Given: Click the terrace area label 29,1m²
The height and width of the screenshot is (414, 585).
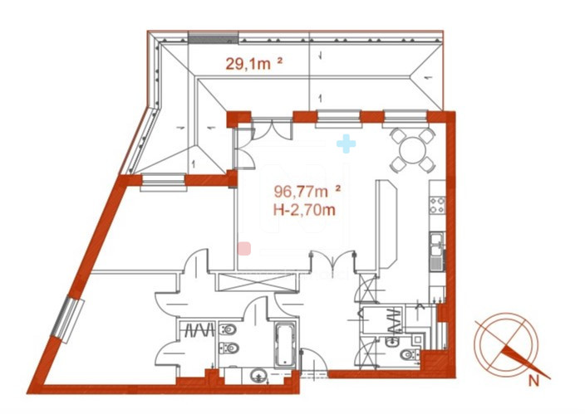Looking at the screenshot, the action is (253, 63).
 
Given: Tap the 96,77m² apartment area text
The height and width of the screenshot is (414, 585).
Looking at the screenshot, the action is (307, 192).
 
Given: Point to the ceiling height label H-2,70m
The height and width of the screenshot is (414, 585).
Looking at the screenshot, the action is (304, 210).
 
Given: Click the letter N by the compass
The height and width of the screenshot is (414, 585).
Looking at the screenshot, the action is (534, 381).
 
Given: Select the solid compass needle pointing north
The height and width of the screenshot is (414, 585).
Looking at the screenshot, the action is (526, 363).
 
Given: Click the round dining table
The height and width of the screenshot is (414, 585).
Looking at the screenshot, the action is (412, 150).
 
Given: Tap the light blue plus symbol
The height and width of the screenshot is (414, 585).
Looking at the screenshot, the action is (346, 144).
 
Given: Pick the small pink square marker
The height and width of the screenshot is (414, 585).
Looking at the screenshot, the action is (244, 248).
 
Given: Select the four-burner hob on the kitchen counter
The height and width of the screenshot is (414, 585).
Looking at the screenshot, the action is (437, 205).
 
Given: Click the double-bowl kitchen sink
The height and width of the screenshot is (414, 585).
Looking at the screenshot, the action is (436, 245).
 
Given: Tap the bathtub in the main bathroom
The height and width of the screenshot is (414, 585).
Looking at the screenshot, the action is (286, 344).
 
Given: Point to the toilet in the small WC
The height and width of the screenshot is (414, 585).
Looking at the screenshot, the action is (409, 354).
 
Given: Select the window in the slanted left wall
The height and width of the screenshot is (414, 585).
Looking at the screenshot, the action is (68, 319).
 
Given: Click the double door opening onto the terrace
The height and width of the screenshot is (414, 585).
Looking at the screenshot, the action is (272, 129).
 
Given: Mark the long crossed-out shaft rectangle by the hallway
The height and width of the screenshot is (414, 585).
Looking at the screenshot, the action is (258, 282).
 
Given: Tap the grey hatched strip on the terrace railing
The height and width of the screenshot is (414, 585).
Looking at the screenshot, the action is (213, 37).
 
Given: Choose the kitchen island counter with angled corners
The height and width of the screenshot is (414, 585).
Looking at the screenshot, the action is (386, 223).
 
